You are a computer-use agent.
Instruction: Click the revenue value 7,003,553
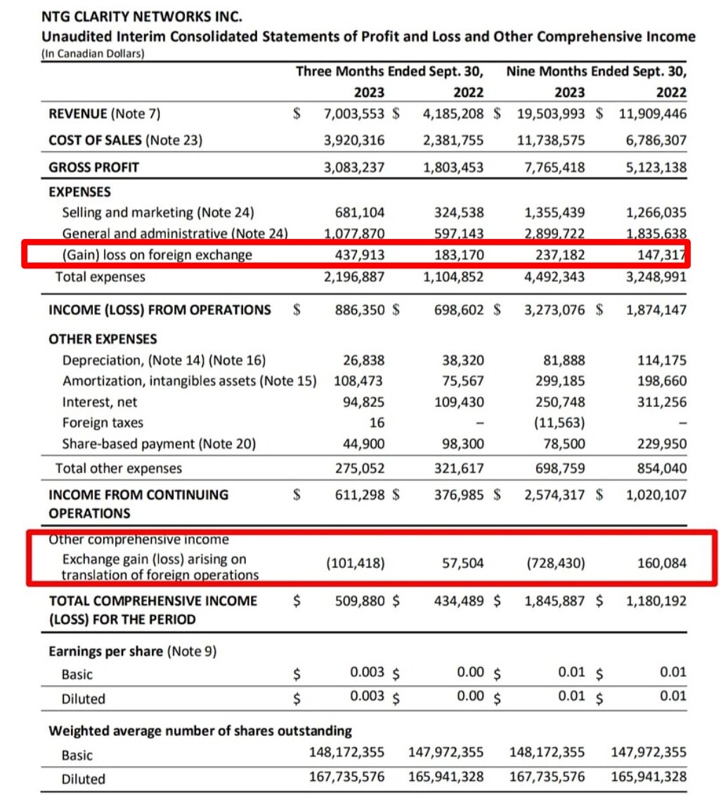[x=354, y=113]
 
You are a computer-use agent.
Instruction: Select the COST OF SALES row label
[x=125, y=140]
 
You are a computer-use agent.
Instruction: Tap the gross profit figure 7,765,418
[x=551, y=167]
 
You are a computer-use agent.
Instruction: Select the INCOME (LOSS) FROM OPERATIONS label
[x=160, y=309]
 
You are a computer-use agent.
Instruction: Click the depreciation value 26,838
[x=364, y=361]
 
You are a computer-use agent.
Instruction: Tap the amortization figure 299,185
[x=561, y=382]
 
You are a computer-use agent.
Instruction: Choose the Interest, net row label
[x=100, y=403]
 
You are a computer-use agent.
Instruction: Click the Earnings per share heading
[x=132, y=652]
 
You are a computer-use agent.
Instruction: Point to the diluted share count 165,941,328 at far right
[x=649, y=778]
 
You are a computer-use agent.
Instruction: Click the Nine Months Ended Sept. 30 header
[x=596, y=72]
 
